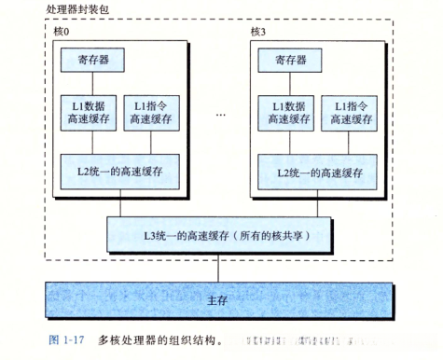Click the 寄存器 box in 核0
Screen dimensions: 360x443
93,61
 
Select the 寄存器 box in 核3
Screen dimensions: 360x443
286,61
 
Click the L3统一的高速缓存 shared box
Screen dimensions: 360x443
220,233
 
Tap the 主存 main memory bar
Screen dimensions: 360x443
220,301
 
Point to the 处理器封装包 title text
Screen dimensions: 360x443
70,8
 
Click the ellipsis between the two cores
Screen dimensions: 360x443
221,116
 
